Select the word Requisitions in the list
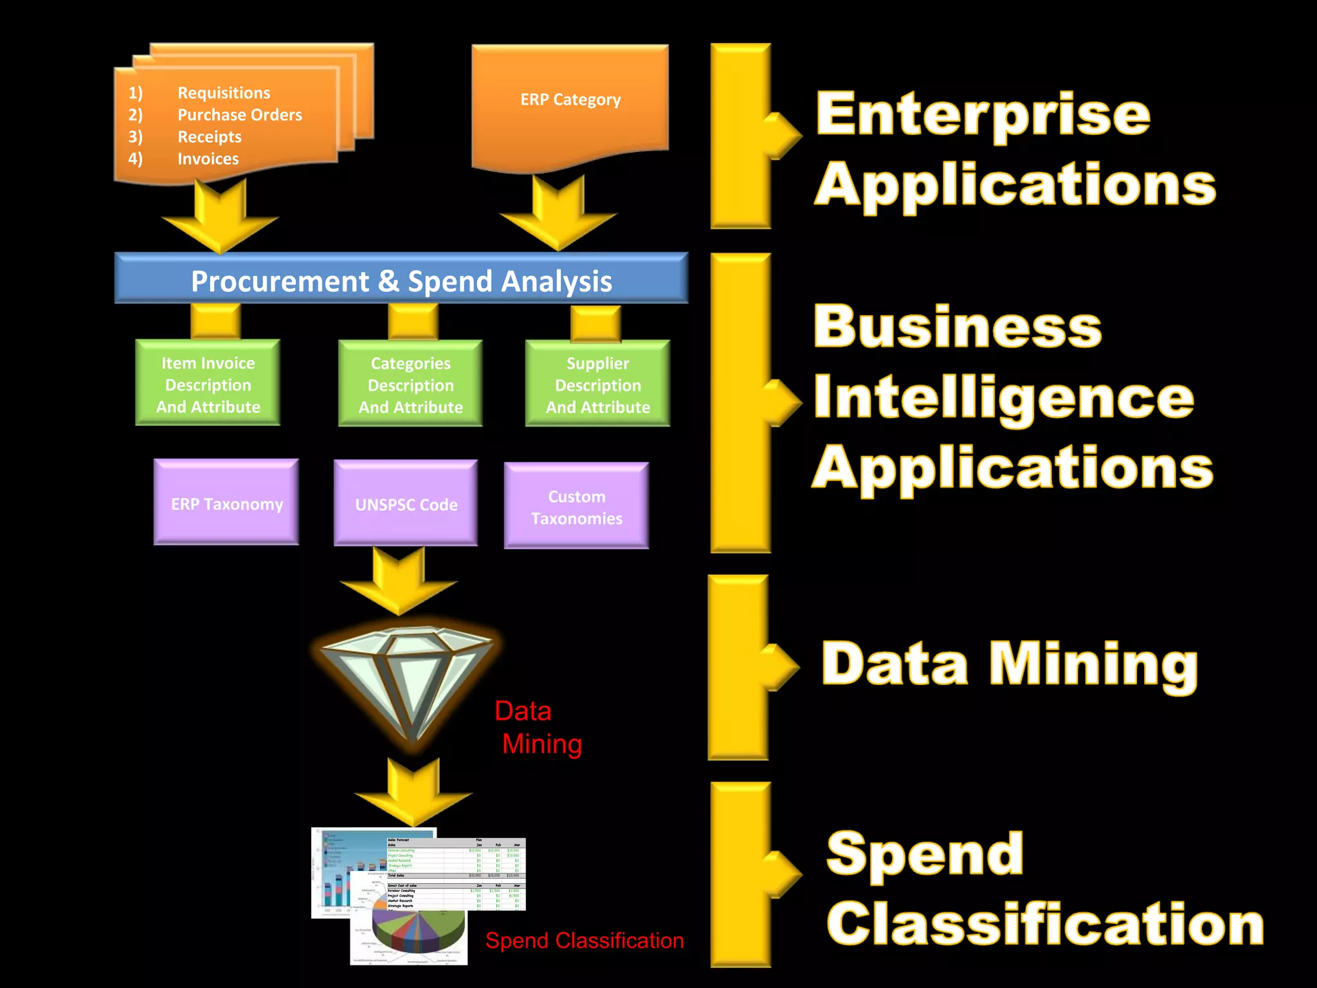[224, 93]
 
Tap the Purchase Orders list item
[239, 114]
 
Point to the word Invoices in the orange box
[208, 159]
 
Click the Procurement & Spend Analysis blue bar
[401, 280]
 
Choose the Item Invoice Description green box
[208, 384]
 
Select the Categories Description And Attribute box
[410, 385]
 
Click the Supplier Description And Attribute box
[597, 385]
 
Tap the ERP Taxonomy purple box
[226, 504]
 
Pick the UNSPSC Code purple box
[406, 504]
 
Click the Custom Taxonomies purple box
[576, 507]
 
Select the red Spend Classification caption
[584, 940]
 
